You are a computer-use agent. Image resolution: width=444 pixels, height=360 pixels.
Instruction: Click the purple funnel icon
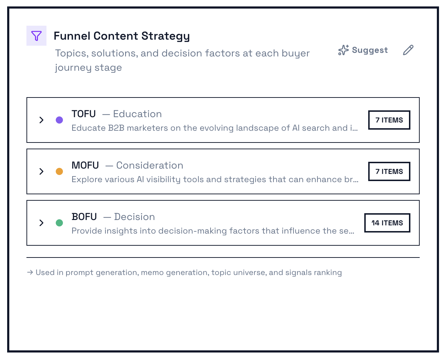(x=36, y=36)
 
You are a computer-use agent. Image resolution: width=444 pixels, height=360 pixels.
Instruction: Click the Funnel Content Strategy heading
(x=122, y=36)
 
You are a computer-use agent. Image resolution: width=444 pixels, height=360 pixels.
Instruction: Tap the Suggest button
(x=363, y=50)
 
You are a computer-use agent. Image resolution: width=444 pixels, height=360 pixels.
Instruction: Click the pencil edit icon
(x=408, y=50)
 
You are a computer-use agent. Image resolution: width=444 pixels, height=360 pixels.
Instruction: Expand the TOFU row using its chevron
(x=41, y=120)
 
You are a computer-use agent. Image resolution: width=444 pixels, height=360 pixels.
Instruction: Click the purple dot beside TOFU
(x=59, y=120)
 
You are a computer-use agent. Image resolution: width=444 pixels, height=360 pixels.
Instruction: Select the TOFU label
(x=84, y=114)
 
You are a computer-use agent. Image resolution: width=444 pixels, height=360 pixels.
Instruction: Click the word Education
(x=137, y=114)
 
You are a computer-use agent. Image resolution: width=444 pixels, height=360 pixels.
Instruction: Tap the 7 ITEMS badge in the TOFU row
(x=389, y=120)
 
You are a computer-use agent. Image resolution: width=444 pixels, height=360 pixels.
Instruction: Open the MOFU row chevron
(x=41, y=171)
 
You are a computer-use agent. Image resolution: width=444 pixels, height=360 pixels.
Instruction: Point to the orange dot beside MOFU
(x=59, y=171)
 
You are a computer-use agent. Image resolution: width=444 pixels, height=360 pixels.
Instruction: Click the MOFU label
(x=85, y=165)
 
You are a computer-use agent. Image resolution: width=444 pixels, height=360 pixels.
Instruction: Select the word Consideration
(x=149, y=165)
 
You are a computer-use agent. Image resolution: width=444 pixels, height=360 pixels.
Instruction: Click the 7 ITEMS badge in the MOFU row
(x=389, y=171)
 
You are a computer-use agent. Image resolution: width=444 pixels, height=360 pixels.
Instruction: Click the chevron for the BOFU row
(x=41, y=223)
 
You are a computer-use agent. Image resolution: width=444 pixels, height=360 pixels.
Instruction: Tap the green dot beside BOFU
(x=59, y=223)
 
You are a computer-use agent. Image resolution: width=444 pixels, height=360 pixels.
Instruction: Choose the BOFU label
(x=84, y=217)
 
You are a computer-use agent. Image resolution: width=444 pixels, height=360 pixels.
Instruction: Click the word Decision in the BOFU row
(x=134, y=217)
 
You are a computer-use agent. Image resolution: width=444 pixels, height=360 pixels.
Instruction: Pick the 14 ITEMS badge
(x=387, y=223)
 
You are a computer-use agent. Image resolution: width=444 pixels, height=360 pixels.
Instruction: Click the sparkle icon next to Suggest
(x=343, y=50)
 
